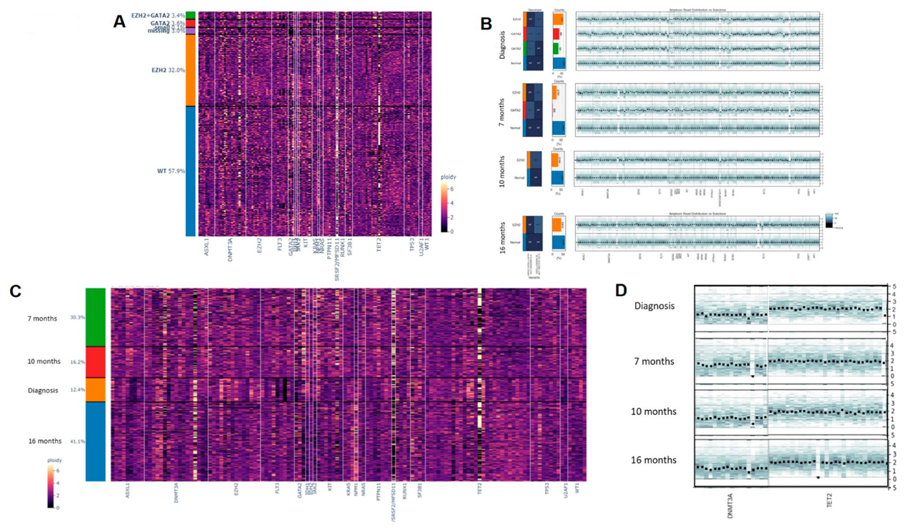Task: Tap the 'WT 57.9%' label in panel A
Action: (171, 171)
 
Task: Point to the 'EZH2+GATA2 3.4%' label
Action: (158, 15)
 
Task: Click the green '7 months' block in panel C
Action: (95, 317)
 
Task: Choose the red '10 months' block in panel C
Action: (95, 362)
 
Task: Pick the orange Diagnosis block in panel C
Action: (95, 390)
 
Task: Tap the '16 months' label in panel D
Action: (654, 460)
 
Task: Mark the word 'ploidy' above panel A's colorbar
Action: (449, 177)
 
